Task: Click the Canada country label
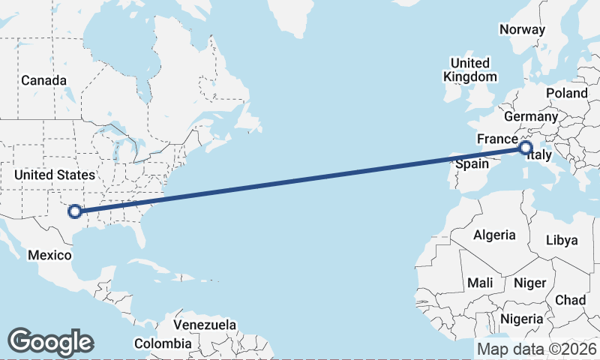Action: point(44,80)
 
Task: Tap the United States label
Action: point(55,175)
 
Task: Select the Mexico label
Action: point(49,255)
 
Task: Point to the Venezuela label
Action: point(205,325)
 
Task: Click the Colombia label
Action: point(163,343)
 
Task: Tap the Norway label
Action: point(522,29)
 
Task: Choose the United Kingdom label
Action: point(470,70)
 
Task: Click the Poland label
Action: point(567,93)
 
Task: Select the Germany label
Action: point(531,117)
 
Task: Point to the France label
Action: point(497,139)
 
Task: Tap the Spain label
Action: point(472,163)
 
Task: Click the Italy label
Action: point(540,156)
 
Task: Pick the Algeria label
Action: point(494,235)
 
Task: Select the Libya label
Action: point(562,240)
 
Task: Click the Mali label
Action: point(480,283)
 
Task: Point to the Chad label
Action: point(570,299)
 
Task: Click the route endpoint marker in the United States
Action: point(74,211)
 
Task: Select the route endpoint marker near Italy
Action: point(525,148)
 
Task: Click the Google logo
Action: point(50,342)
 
